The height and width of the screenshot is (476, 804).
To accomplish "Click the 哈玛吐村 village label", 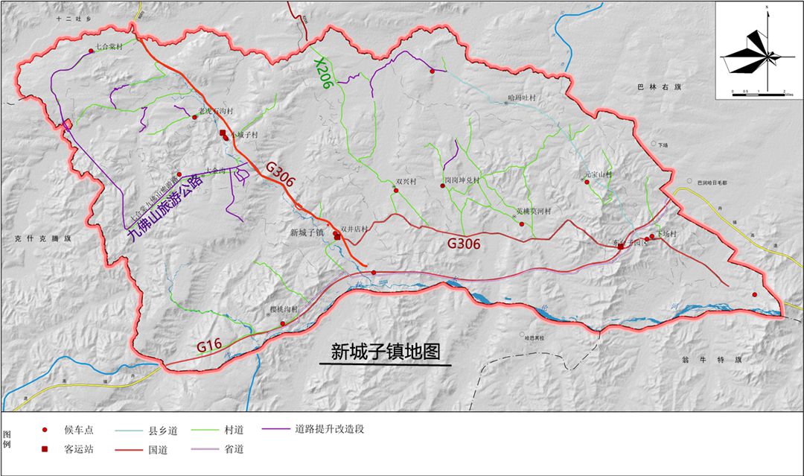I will [521, 98].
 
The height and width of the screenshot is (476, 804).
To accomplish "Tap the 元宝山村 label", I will [597, 175].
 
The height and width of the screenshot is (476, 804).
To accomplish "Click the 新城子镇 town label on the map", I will [305, 232].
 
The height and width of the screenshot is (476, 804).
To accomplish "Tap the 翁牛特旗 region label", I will [702, 360].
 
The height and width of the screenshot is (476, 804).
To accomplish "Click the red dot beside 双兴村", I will [396, 191].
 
